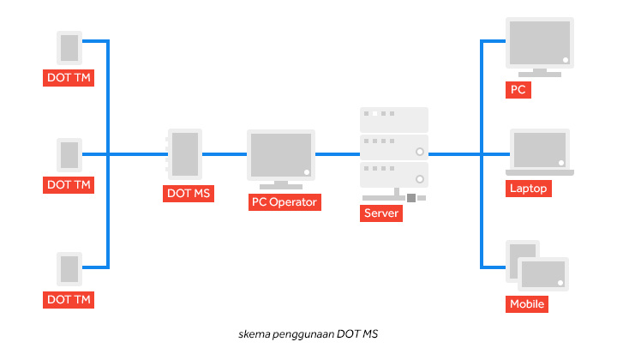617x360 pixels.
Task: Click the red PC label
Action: pyautogui.click(x=518, y=89)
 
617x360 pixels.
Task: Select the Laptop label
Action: pyautogui.click(x=529, y=189)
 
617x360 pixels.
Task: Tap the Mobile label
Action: pyautogui.click(x=527, y=304)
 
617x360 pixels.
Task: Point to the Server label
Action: pyautogui.click(x=380, y=213)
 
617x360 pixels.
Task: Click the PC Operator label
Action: pyautogui.click(x=284, y=202)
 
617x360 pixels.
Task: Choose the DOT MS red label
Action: pyautogui.click(x=188, y=194)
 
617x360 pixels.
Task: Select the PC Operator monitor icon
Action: pyautogui.click(x=280, y=155)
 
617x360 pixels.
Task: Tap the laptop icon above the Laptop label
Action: pyautogui.click(x=540, y=153)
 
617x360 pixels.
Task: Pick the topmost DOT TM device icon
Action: pyautogui.click(x=69, y=48)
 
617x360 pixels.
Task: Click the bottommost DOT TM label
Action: pyautogui.click(x=69, y=299)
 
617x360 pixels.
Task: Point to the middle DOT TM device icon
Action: pyautogui.click(x=69, y=155)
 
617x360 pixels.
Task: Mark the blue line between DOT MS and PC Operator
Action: pyautogui.click(x=225, y=154)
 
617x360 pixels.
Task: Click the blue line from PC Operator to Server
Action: pyautogui.click(x=337, y=154)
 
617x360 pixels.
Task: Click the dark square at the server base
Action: pyautogui.click(x=411, y=198)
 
